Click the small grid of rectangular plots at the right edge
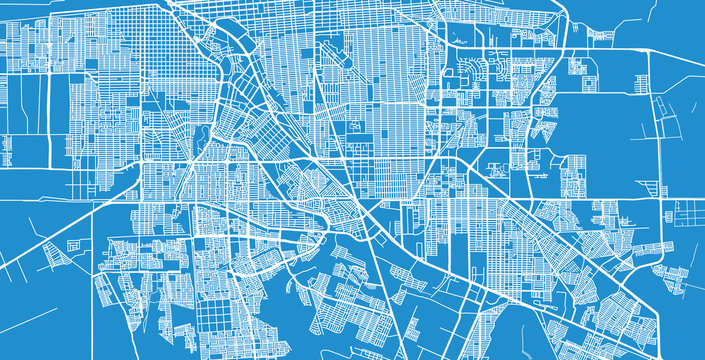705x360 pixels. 690,212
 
